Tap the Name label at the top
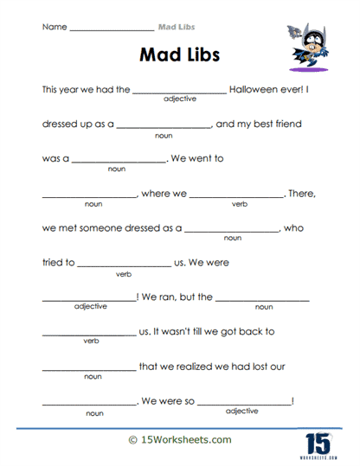(x=53, y=28)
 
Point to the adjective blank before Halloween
(x=179, y=92)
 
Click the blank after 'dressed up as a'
(x=164, y=127)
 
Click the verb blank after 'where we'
(x=236, y=196)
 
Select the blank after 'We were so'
(x=245, y=403)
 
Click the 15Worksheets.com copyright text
(x=179, y=440)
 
